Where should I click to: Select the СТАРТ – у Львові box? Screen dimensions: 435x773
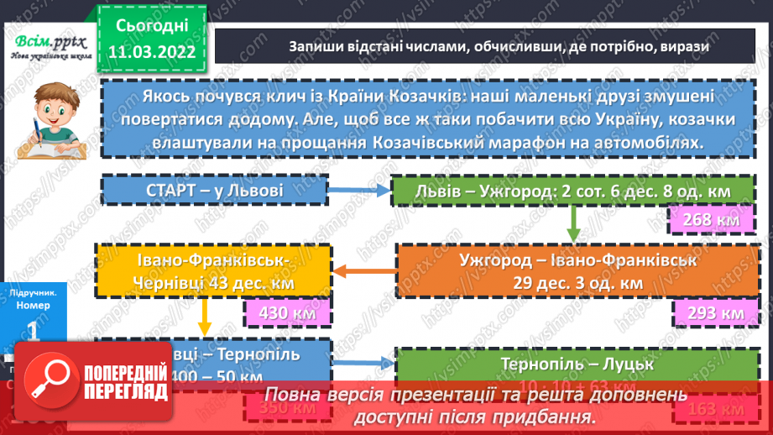click(213, 191)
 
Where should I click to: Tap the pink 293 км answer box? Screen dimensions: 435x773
click(709, 312)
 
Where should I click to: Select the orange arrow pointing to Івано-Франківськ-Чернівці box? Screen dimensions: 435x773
click(364, 270)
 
